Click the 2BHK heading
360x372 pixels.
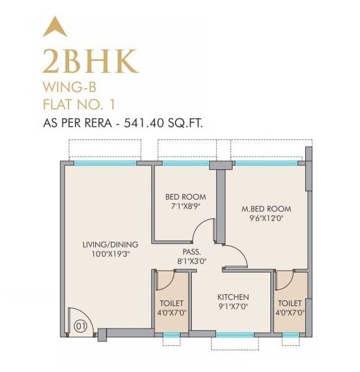90,62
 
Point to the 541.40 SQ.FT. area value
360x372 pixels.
164,123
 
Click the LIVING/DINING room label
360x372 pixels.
110,244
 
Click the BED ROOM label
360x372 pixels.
185,197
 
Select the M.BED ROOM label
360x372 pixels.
266,208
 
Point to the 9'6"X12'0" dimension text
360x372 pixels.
266,218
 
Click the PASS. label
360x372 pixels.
192,251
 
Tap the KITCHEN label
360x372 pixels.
233,297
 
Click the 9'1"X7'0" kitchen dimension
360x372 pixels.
233,306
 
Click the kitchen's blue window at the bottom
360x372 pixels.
234,335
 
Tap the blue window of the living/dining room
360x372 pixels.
105,163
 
